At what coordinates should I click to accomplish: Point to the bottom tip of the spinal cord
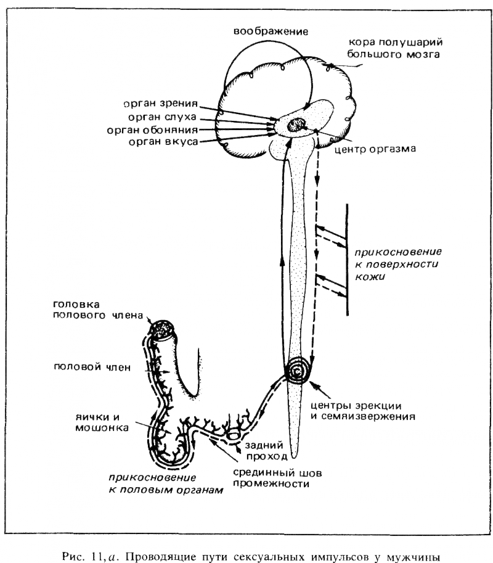coord(297,457)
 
